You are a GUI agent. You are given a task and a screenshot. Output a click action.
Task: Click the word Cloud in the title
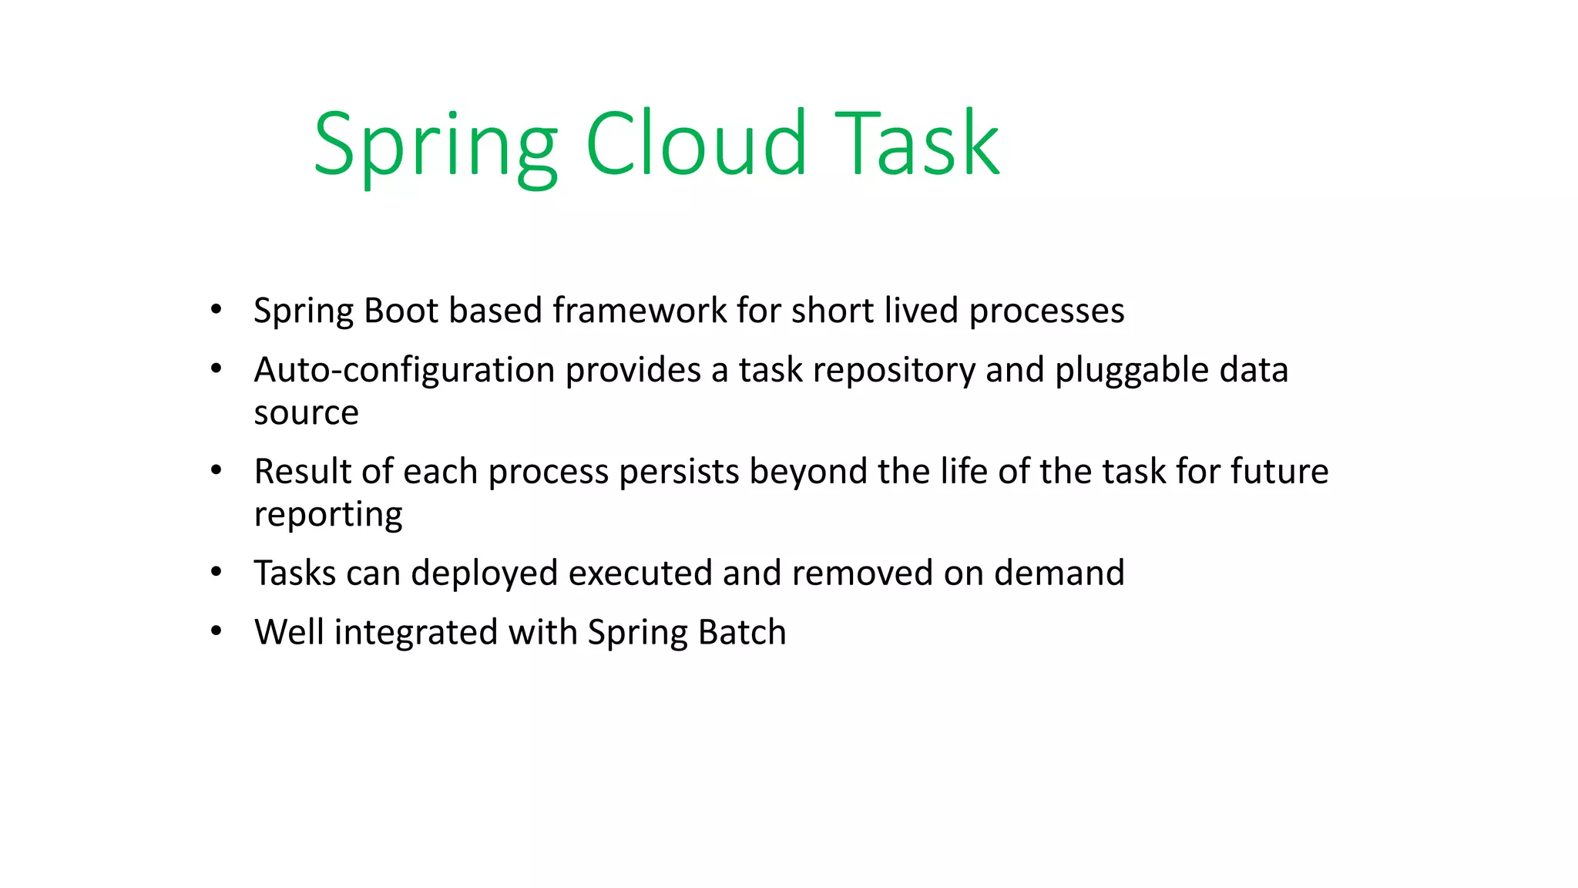[696, 144]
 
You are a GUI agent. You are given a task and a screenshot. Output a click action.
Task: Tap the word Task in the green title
[917, 144]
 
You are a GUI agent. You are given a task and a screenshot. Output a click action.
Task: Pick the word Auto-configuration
[404, 371]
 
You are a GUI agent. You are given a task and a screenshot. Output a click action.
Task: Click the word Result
[302, 472]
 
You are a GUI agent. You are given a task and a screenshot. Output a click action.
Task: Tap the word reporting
[328, 515]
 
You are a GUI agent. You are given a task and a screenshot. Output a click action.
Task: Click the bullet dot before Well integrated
[217, 631]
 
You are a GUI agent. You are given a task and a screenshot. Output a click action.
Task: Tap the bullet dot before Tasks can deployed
[217, 572]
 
